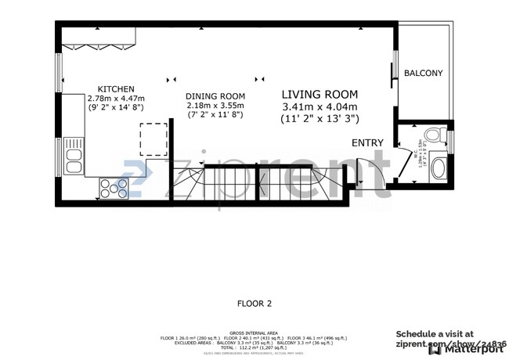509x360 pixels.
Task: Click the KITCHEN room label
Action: click(116, 88)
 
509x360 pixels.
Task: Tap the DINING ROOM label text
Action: click(215, 96)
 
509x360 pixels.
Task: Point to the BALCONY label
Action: click(423, 74)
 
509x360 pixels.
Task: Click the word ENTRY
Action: click(368, 142)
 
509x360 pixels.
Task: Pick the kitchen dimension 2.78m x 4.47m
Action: click(116, 99)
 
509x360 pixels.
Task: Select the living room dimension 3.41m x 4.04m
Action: click(319, 106)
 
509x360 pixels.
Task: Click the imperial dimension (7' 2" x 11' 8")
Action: click(215, 116)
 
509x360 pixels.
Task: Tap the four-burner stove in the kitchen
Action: click(114, 187)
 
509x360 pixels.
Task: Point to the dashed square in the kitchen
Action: click(153, 139)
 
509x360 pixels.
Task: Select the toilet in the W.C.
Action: click(438, 133)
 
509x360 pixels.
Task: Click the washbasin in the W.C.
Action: click(439, 167)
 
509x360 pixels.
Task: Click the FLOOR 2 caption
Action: click(254, 302)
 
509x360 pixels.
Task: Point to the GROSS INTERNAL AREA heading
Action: click(254, 333)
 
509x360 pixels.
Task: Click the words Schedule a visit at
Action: click(435, 333)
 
